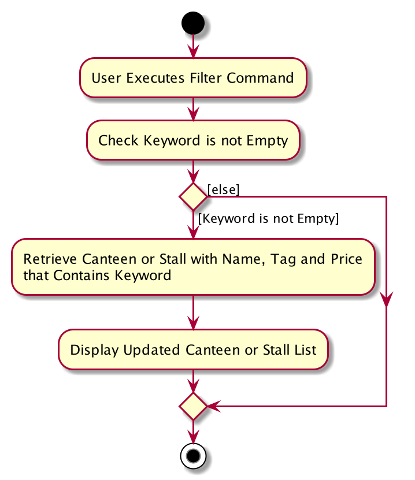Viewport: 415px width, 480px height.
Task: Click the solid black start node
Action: [x=193, y=23]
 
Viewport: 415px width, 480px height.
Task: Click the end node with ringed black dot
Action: [x=193, y=456]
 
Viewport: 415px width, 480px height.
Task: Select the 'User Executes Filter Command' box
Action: [x=193, y=78]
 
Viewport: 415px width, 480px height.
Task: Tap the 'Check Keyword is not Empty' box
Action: [x=193, y=140]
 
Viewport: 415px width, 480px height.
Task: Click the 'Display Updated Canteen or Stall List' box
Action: [x=193, y=349]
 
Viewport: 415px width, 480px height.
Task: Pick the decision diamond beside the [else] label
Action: [x=193, y=196]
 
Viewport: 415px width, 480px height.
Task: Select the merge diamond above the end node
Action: [x=193, y=406]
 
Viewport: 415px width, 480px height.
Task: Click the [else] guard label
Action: [x=223, y=190]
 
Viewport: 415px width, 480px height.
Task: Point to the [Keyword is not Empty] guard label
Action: [x=269, y=218]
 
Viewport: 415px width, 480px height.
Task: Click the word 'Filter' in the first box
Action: [x=206, y=78]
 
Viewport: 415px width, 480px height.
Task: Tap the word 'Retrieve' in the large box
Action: [x=50, y=259]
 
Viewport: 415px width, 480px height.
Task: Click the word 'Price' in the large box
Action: [x=346, y=259]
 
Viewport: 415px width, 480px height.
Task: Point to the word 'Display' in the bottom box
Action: [x=94, y=350]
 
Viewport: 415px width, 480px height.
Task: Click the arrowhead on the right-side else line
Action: [x=387, y=299]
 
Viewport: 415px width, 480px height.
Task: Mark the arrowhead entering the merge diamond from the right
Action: [x=214, y=406]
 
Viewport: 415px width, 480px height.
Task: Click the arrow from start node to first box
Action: [x=193, y=46]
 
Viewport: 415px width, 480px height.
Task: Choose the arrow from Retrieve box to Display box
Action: [x=193, y=312]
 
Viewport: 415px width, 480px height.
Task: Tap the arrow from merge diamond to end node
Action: [x=193, y=431]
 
